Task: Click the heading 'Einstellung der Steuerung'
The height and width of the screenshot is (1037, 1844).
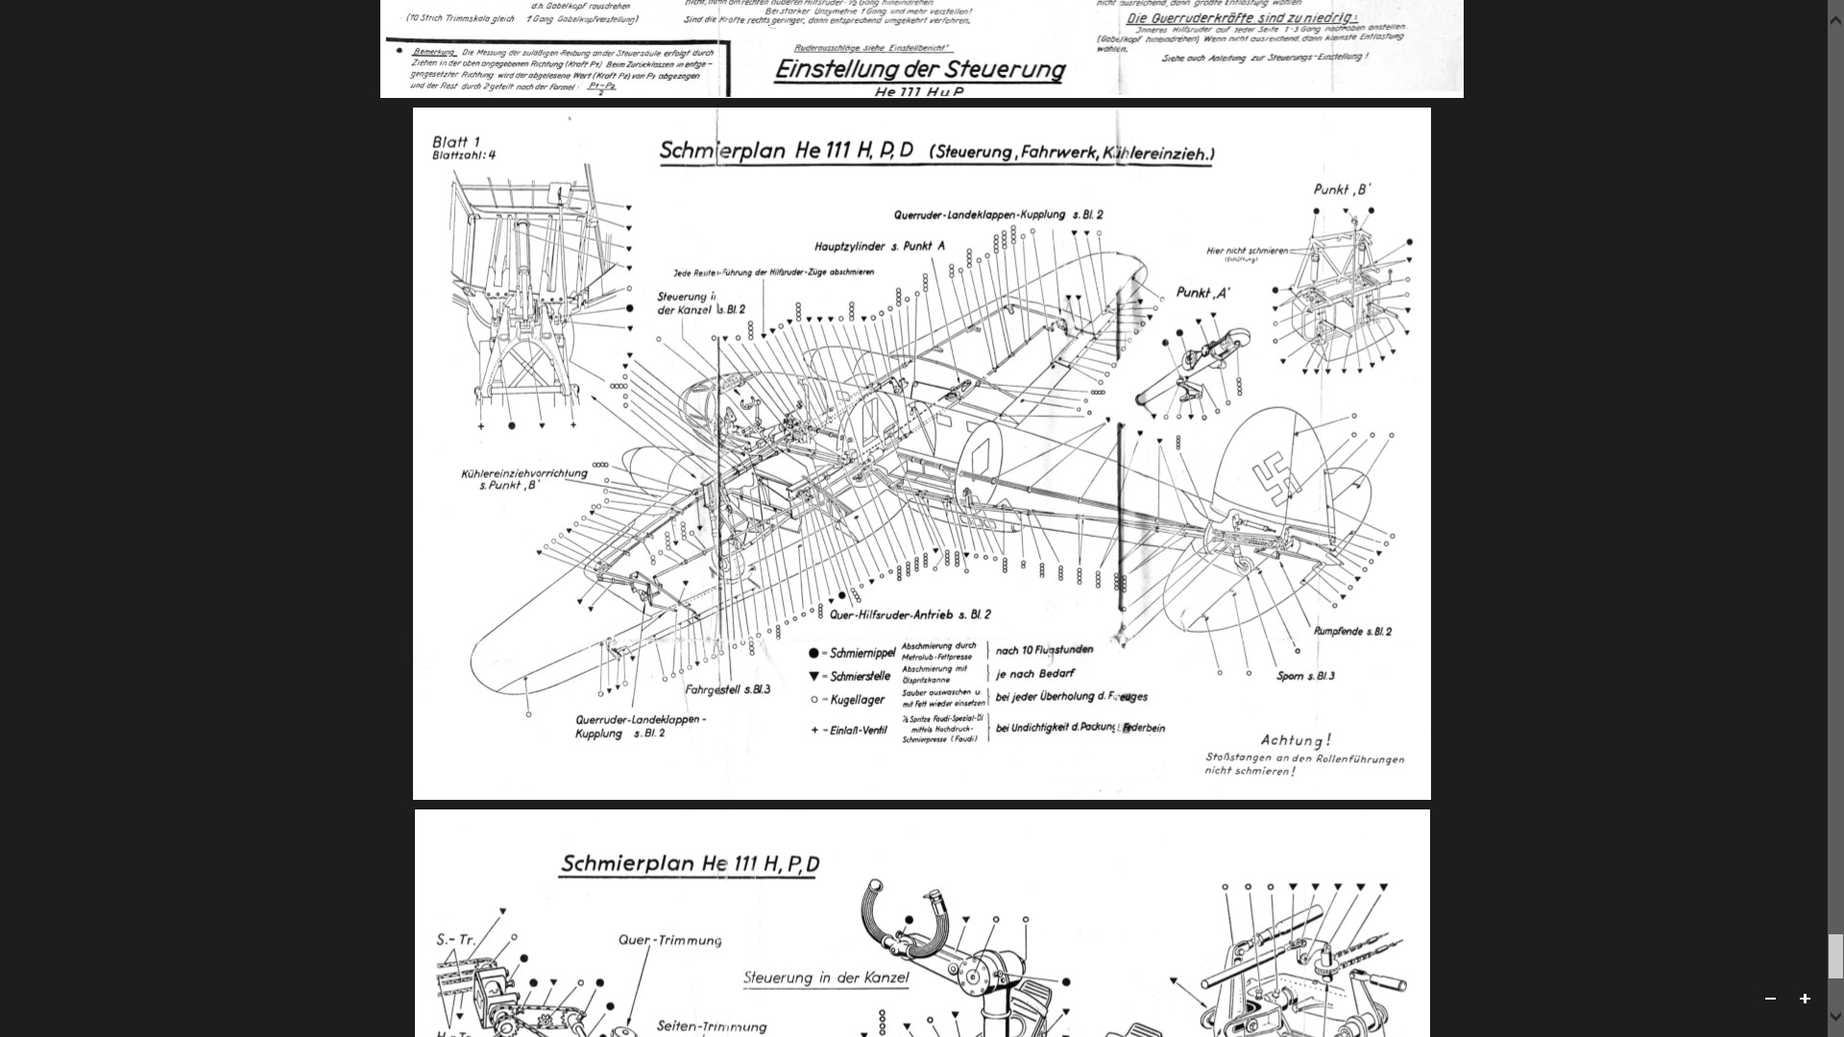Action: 919,70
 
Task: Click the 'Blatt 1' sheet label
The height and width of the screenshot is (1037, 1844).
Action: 455,142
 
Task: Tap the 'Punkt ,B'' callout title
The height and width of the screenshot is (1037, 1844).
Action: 1342,189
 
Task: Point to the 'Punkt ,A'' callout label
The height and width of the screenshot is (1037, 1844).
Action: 1202,293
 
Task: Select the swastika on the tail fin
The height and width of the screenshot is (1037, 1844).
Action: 1274,478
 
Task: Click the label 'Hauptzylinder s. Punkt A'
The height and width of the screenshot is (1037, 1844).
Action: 879,247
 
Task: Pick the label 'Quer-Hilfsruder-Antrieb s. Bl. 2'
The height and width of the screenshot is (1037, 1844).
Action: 910,615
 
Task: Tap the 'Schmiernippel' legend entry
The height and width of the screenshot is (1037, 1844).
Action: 861,653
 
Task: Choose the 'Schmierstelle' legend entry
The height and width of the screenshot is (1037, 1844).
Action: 859,676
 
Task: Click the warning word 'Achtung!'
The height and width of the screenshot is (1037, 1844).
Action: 1296,740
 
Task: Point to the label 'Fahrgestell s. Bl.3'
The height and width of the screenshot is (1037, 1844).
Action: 727,689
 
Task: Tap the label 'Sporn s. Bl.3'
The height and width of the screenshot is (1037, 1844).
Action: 1305,676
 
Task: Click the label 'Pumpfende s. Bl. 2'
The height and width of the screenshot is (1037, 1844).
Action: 1352,632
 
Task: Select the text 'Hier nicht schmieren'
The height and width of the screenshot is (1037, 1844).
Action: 1247,252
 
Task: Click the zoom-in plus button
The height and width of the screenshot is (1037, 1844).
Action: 1805,999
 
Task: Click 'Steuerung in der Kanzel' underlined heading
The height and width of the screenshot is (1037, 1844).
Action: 825,978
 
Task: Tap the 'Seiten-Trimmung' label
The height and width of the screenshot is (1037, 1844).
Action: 711,1026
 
